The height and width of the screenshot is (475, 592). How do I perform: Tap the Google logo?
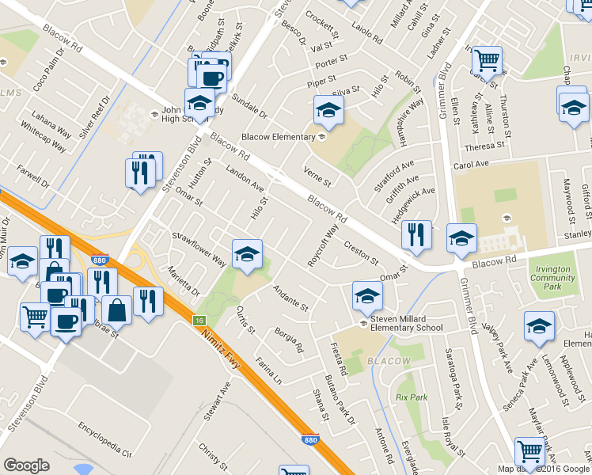click(x=26, y=465)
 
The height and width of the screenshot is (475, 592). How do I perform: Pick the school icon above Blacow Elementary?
click(x=328, y=111)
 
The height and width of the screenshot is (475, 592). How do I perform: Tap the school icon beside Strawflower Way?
click(x=247, y=254)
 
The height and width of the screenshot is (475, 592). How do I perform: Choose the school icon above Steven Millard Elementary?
click(x=367, y=296)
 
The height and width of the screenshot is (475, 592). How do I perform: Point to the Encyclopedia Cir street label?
click(x=104, y=441)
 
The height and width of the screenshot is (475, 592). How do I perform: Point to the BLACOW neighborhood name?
click(x=389, y=362)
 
